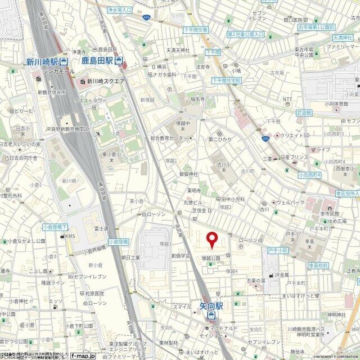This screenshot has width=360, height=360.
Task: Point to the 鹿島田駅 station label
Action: (x=97, y=61)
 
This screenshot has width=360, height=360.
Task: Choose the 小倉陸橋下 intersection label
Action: (x=55, y=227)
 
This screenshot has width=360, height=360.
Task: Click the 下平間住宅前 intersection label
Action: (x=226, y=81)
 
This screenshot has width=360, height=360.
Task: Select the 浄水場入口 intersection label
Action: (x=119, y=10)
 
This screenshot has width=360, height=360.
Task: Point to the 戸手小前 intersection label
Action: (x=278, y=249)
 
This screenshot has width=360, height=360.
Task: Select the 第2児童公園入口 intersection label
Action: (x=246, y=35)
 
